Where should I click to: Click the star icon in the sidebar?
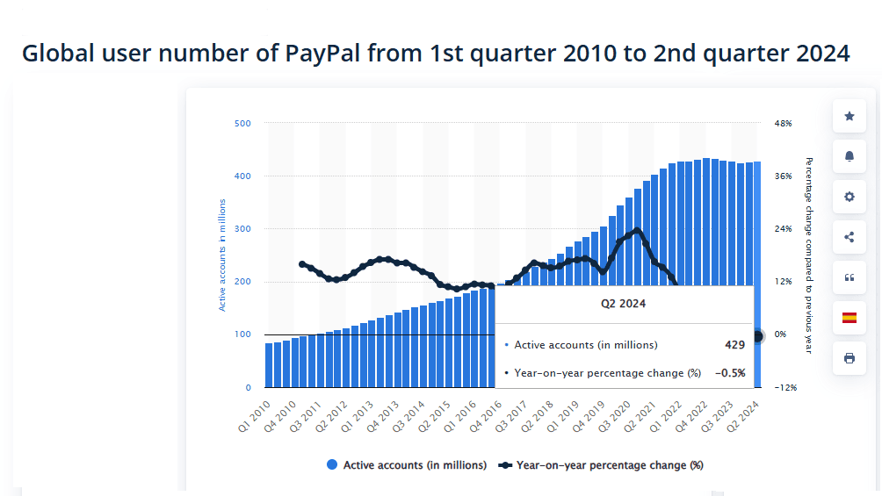click(849, 116)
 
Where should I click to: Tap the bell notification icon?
click(849, 156)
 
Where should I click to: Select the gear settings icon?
click(849, 197)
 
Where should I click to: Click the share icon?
click(849, 237)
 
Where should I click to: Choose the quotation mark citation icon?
click(849, 277)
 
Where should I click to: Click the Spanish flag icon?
click(849, 318)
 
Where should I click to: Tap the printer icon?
click(849, 358)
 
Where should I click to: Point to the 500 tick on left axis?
click(242, 124)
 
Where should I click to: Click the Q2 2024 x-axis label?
click(748, 413)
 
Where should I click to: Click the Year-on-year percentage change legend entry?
click(609, 465)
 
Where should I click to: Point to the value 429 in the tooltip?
click(734, 345)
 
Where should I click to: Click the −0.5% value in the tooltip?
click(729, 373)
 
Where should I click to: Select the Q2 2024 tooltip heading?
click(623, 304)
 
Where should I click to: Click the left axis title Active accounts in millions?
click(222, 255)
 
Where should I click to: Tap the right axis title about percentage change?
click(808, 255)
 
